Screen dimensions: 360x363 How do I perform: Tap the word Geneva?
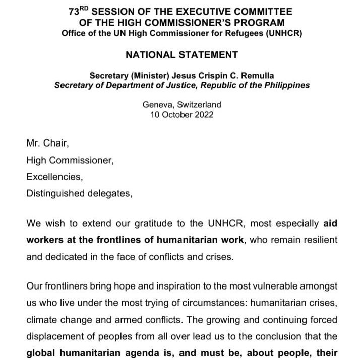pos(157,105)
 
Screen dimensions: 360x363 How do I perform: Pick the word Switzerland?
pos(198,105)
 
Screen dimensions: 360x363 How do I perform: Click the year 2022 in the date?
pos(203,115)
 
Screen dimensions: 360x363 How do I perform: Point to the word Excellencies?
pos(54,177)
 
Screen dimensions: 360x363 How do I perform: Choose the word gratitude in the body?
pos(128,223)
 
